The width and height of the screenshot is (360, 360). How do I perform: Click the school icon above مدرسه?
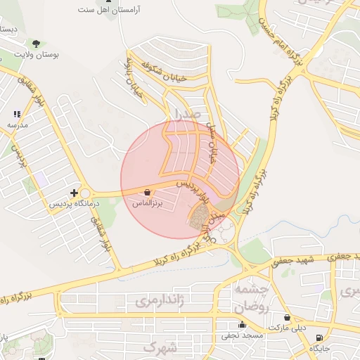click(17, 113)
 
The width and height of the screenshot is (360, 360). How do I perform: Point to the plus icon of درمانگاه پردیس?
click(74, 192)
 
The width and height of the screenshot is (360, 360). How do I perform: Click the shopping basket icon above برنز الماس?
click(147, 192)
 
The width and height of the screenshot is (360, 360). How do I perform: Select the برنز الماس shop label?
click(148, 202)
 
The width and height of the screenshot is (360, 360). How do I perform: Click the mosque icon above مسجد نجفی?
click(243, 324)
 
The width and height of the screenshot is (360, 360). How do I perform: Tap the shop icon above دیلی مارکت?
click(287, 317)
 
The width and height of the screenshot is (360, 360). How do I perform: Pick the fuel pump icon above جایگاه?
click(321, 338)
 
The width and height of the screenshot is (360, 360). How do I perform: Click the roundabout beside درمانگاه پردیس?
click(86, 193)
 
